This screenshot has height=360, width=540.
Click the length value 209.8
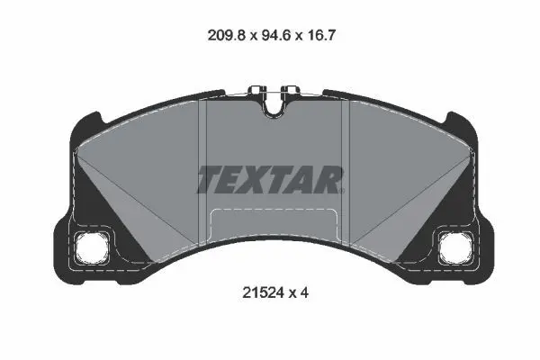227,35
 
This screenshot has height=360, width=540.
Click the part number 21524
264,292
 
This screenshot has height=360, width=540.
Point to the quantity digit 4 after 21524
304,292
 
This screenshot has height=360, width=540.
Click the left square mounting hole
93,247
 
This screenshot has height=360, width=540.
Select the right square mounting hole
455,247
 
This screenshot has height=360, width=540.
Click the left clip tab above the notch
257,90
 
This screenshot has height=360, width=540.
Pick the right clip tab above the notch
290,90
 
